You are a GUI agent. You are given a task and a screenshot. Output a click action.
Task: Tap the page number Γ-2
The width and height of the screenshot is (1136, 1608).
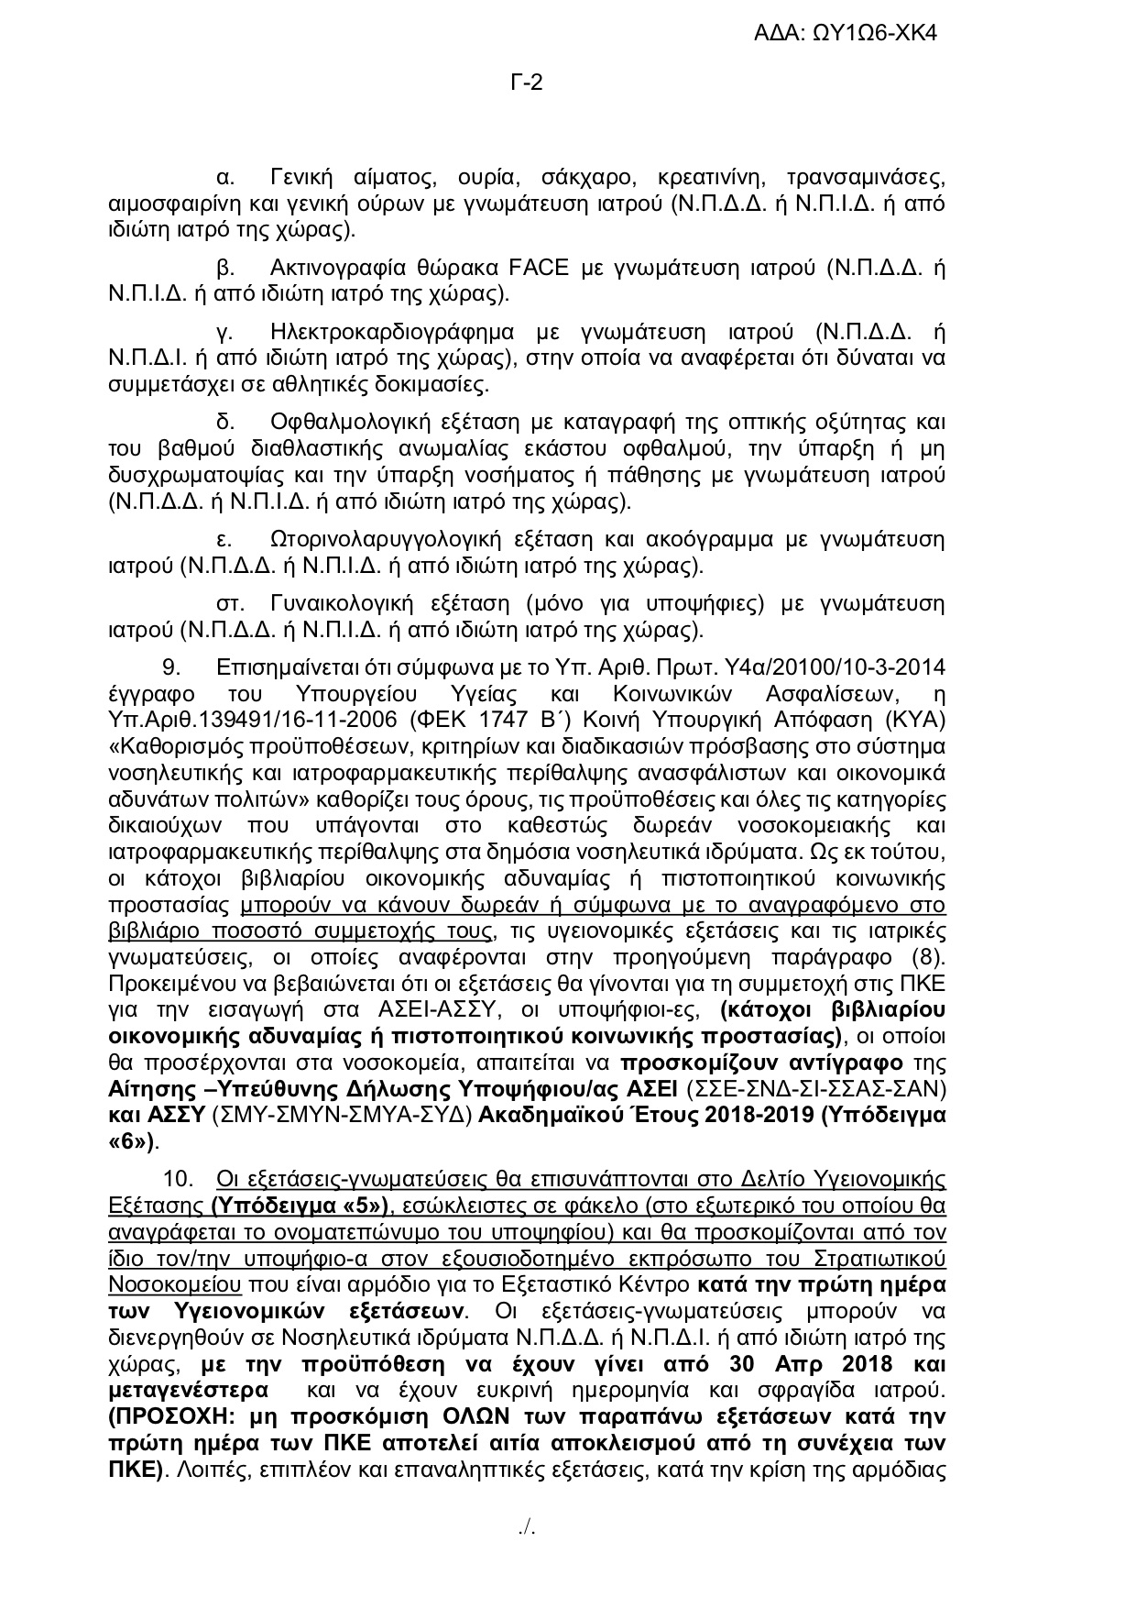527,83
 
